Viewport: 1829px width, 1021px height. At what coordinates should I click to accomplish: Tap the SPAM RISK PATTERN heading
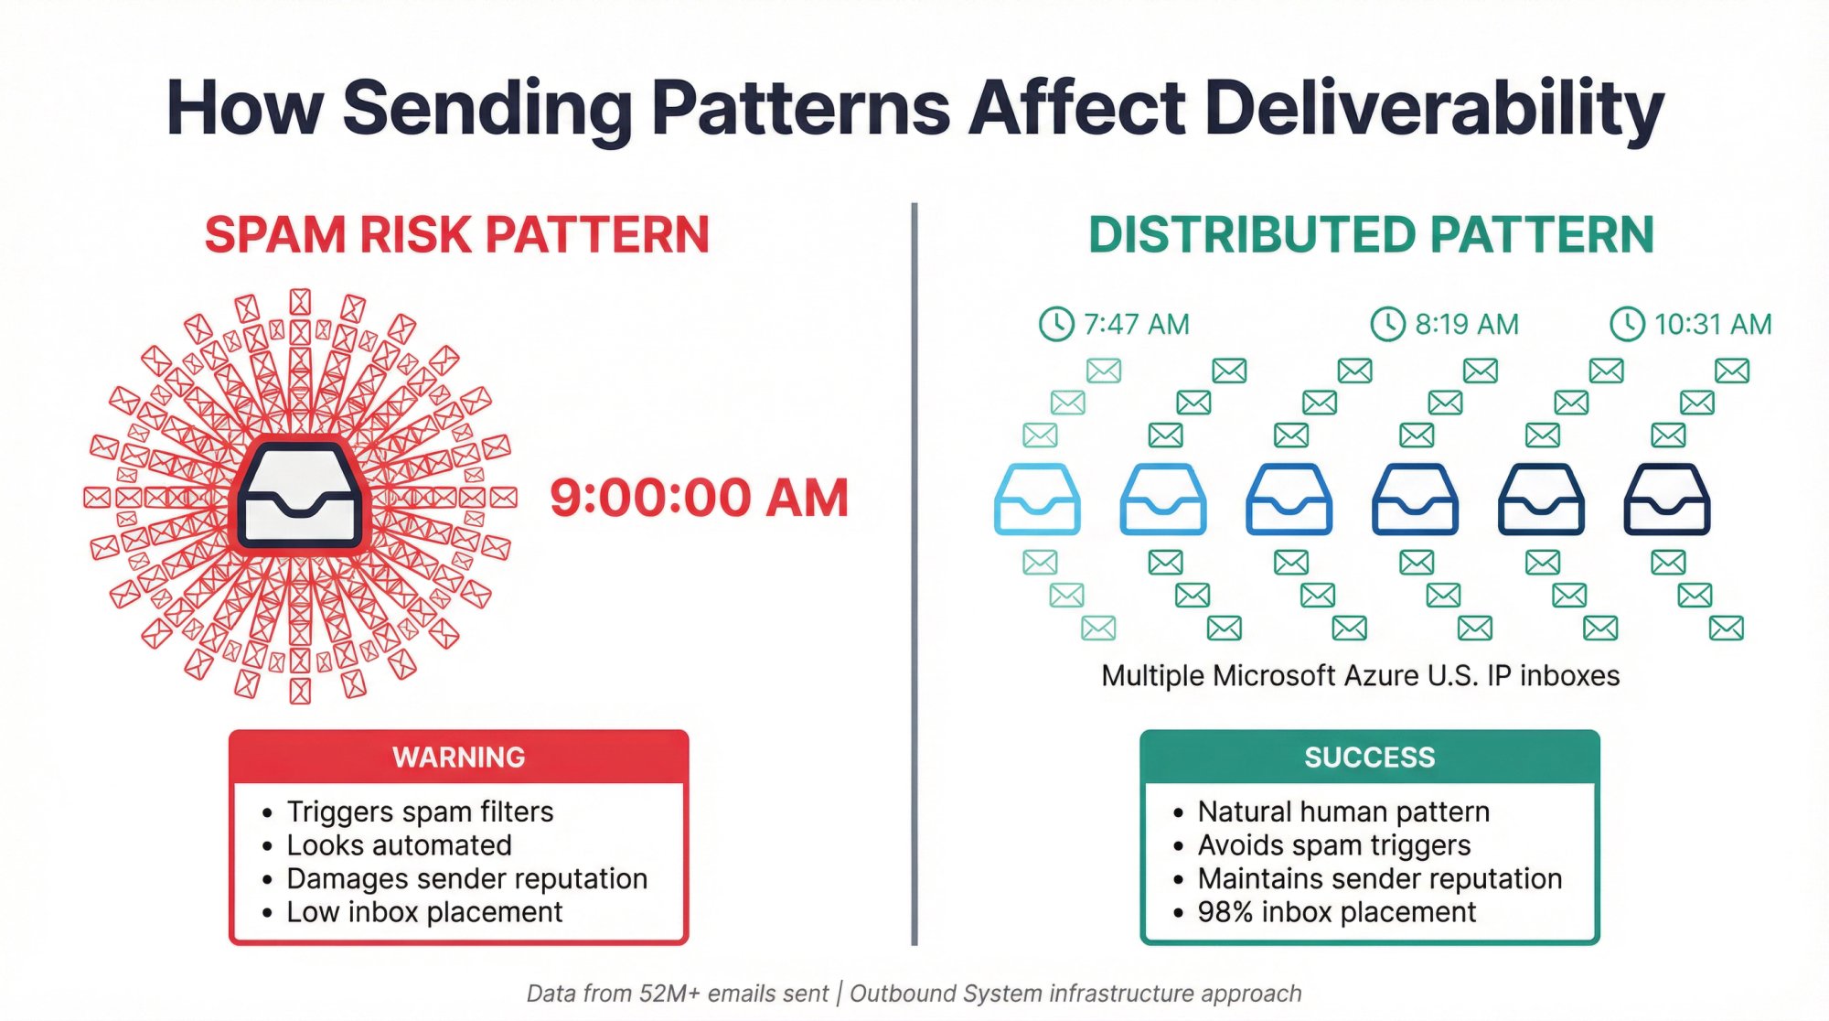[x=456, y=235]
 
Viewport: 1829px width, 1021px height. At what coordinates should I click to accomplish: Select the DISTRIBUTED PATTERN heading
[x=1370, y=235]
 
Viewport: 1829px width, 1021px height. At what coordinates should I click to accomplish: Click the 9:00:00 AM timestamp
[x=699, y=499]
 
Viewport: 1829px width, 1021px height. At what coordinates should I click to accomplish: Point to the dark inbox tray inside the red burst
[x=300, y=497]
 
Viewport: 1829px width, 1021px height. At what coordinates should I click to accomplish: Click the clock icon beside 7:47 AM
[x=1056, y=324]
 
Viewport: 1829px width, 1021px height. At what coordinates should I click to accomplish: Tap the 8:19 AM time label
[x=1466, y=324]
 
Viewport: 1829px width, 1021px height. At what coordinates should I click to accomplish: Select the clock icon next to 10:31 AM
[x=1627, y=324]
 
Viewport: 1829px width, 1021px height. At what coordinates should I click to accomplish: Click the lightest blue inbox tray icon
[x=1037, y=500]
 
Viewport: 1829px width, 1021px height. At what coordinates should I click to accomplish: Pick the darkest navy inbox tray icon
[x=1666, y=500]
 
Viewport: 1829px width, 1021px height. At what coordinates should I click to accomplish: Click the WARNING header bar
[x=458, y=758]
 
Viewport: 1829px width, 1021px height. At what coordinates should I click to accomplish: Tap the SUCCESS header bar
[x=1369, y=758]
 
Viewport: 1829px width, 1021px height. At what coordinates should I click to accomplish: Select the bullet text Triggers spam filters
[x=420, y=811]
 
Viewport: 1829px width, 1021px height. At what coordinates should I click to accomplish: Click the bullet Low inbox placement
[x=424, y=912]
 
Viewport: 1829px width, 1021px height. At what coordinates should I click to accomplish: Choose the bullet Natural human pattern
[x=1342, y=811]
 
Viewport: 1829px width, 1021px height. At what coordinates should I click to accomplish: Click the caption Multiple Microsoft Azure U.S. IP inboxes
[x=1360, y=676]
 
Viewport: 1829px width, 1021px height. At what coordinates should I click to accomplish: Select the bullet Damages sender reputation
[x=466, y=878]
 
